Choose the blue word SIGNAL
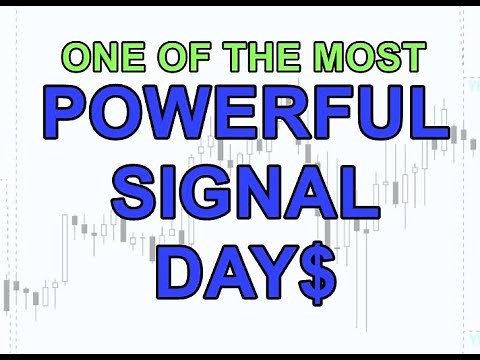tap(240, 196)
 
